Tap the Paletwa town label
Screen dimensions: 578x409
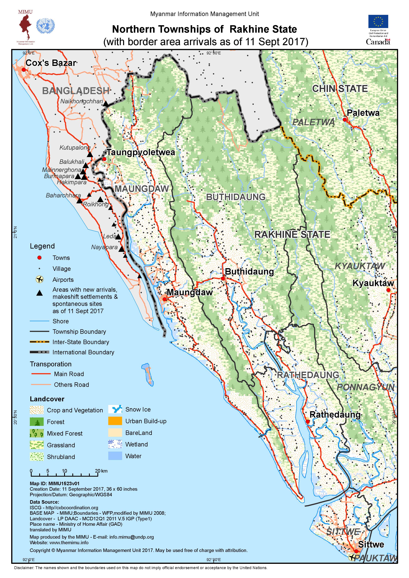point(363,113)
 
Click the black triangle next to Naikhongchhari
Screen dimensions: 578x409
point(106,104)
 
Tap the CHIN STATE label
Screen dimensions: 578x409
point(340,89)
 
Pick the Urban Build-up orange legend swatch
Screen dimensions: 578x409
point(115,421)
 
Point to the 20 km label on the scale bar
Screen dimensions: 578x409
point(101,471)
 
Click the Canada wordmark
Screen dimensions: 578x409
point(378,42)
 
